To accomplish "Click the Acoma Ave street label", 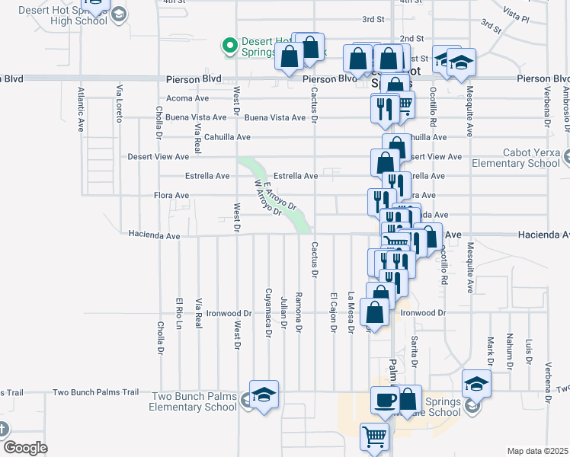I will tap(187, 98).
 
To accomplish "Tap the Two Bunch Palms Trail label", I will tap(95, 392).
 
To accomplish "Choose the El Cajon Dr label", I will tap(333, 312).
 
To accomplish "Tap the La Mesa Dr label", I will tap(351, 312).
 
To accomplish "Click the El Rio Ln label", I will tap(179, 312).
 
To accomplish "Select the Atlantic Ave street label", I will tap(80, 109).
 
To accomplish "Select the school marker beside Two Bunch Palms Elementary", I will tap(264, 395).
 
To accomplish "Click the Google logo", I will tap(25, 448).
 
